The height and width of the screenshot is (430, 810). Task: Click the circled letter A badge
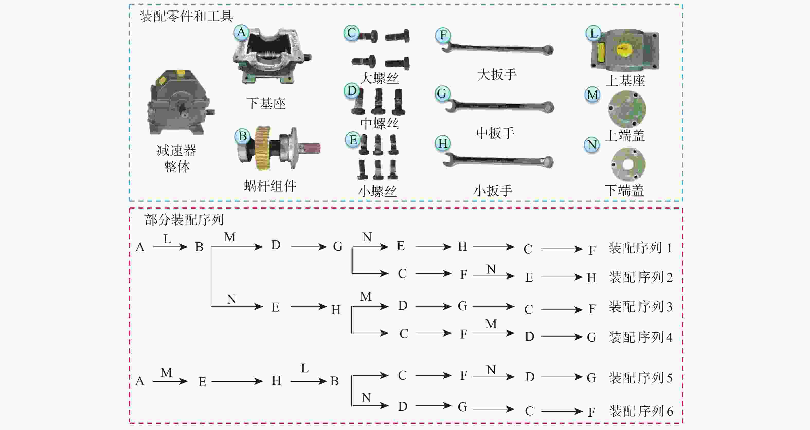(x=241, y=32)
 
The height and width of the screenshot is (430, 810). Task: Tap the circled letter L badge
(x=593, y=33)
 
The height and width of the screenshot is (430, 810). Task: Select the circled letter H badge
(x=443, y=144)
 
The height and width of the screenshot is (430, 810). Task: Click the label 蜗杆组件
(x=270, y=186)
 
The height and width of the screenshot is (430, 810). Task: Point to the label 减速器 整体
(x=177, y=158)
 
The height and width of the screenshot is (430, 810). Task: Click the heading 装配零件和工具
(x=186, y=16)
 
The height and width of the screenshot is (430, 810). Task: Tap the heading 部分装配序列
(x=184, y=220)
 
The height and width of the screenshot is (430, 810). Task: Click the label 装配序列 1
(x=640, y=248)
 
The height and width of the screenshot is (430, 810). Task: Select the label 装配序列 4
(x=640, y=337)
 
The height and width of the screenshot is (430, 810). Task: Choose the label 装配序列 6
(x=641, y=411)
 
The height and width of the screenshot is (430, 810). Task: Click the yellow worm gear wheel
(x=262, y=148)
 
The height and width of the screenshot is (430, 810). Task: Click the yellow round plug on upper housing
(x=624, y=50)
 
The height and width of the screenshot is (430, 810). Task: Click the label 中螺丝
(x=380, y=123)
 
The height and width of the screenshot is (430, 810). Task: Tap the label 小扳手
(x=493, y=190)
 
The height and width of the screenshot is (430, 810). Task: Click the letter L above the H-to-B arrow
(x=304, y=368)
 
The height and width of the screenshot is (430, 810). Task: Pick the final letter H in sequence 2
(x=591, y=278)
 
